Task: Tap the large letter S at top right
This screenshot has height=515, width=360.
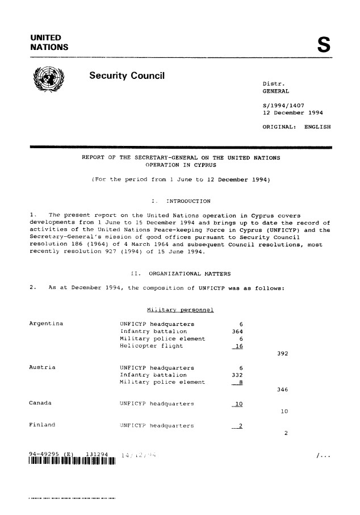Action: click(323, 44)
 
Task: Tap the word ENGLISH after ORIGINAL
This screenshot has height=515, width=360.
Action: click(317, 127)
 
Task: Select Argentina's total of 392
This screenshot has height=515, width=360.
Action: click(283, 353)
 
